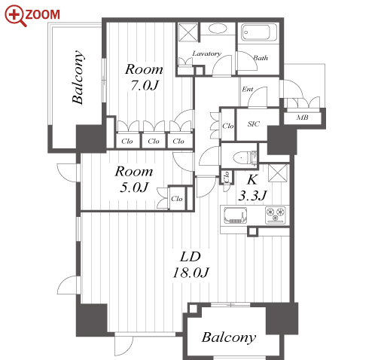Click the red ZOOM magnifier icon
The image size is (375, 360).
(x=15, y=15)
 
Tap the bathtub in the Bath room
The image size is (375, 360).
(x=259, y=32)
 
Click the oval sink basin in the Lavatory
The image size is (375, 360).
(x=218, y=29)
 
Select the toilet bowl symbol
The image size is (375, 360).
(x=241, y=158)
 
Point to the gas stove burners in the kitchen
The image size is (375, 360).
(x=276, y=214)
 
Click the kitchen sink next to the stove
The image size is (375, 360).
(x=235, y=215)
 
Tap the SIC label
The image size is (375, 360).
(x=253, y=124)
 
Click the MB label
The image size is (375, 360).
(x=302, y=117)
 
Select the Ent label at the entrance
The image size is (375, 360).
(x=248, y=89)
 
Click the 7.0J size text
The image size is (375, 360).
(x=145, y=85)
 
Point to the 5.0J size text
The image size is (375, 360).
(x=134, y=188)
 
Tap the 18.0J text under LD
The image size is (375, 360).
(x=191, y=273)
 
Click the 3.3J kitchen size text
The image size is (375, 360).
(x=252, y=195)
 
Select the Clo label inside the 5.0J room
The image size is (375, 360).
(x=176, y=199)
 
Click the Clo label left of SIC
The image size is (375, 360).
(x=228, y=126)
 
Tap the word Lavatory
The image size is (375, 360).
(x=207, y=53)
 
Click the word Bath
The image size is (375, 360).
(x=261, y=58)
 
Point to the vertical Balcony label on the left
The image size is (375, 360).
(x=78, y=77)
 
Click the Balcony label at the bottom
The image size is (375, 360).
(x=229, y=337)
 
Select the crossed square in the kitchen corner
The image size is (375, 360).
(x=278, y=173)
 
